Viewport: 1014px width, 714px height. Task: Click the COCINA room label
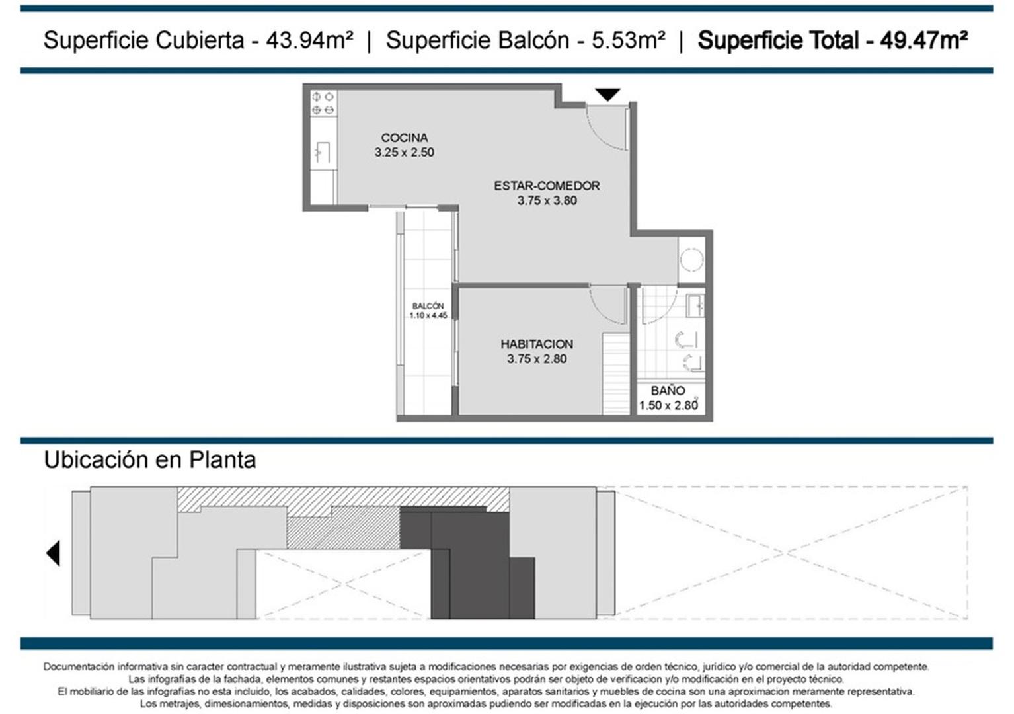404,138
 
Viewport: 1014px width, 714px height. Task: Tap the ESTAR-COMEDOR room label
547,186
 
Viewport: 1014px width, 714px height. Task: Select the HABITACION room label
536,344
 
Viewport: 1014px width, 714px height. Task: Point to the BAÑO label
668,391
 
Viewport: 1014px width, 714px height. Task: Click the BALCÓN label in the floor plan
428,306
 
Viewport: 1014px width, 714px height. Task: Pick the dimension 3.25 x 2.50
404,153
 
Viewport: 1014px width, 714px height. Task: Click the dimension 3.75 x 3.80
547,200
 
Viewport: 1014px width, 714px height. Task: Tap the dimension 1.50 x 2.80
668,405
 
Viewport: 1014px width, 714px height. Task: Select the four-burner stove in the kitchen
323,103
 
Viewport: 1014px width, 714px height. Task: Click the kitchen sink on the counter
322,153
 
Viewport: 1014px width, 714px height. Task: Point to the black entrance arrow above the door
607,95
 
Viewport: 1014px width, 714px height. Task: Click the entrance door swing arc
605,129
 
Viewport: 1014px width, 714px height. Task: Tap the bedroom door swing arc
606,304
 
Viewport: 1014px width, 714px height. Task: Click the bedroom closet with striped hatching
616,374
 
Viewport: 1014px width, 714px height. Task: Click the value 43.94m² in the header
309,40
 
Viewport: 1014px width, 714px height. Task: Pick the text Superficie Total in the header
778,40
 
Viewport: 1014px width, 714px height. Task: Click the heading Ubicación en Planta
149,459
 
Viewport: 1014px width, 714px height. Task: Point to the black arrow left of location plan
53,553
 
